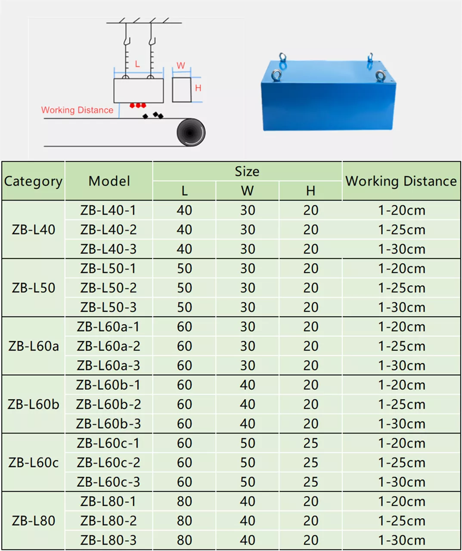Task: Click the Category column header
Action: [33, 181]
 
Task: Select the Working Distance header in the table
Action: [401, 181]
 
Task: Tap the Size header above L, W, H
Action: [247, 171]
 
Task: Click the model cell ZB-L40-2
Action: [109, 230]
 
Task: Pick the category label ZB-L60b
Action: [33, 404]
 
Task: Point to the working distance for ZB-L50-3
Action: [402, 308]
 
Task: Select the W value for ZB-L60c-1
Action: [247, 443]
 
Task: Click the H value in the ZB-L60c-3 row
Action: [310, 482]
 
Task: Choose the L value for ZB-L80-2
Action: [184, 521]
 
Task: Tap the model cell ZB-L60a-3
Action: [109, 365]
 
